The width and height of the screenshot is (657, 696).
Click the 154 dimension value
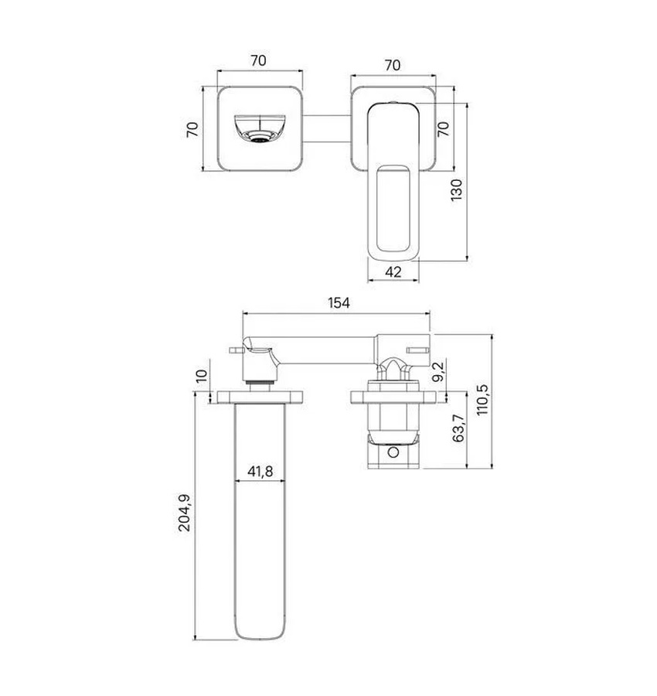point(339,302)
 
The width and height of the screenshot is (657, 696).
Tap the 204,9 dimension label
point(184,513)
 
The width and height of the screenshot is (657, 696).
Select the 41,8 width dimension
point(260,471)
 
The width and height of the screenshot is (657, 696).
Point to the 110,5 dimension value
point(482,400)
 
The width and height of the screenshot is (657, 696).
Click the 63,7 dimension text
point(458,428)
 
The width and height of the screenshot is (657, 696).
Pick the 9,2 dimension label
point(438,371)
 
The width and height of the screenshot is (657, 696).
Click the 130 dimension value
point(457,190)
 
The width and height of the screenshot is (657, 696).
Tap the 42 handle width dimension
point(393,271)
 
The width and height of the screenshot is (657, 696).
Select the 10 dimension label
point(202,376)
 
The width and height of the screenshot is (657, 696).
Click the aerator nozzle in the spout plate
point(260,137)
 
